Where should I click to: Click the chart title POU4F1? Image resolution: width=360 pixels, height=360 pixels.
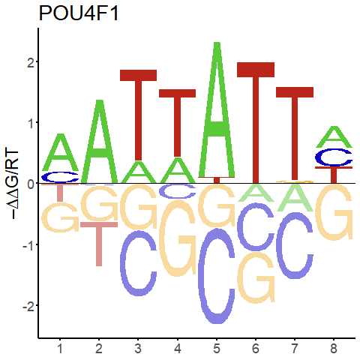[x=79, y=13]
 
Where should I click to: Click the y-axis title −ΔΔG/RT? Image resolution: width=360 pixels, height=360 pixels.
[x=12, y=184]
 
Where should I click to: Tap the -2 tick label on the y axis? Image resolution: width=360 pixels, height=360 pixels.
[x=28, y=305]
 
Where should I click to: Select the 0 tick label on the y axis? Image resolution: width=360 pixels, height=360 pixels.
[x=31, y=183]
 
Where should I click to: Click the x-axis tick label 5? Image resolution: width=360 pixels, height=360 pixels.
[x=217, y=348]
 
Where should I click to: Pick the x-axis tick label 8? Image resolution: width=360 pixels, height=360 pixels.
[x=334, y=348]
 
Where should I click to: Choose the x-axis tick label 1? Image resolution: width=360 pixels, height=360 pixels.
[x=60, y=348]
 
